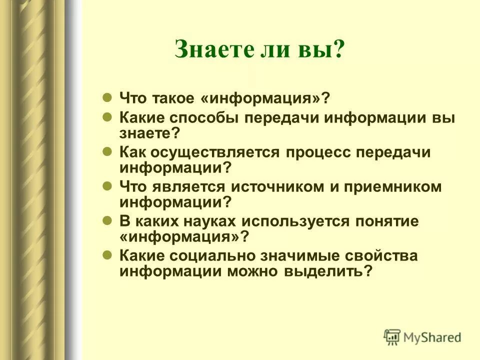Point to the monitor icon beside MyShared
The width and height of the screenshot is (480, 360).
pyautogui.click(x=392, y=336)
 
